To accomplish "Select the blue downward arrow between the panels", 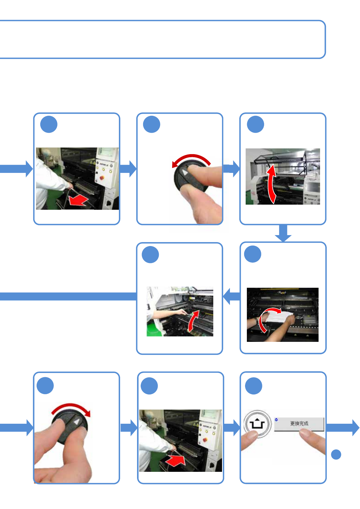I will tap(283, 233).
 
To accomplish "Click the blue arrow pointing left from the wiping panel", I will tap(232, 296).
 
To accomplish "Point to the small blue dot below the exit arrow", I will tap(336, 455).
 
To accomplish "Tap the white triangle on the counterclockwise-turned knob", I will tap(185, 172).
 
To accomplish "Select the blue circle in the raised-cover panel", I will tap(255, 124).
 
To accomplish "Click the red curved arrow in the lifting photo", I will tap(194, 321).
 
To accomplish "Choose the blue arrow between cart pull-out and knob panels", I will tap(128, 169).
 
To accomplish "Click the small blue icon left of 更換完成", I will tap(277, 420).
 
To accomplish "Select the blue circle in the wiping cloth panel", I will tap(253, 254).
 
